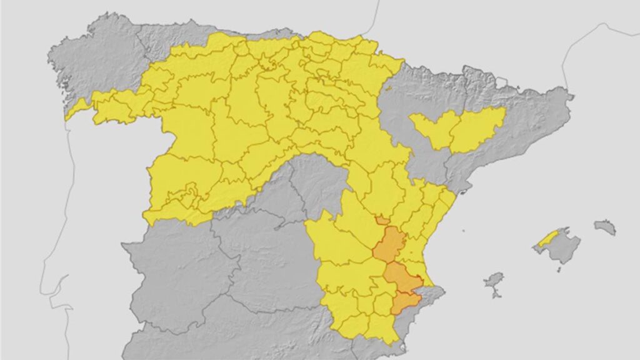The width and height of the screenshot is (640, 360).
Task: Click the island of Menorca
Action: (605, 227)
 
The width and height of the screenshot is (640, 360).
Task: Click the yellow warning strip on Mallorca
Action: (548, 237)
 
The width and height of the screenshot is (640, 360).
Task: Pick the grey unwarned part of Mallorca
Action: (562, 247)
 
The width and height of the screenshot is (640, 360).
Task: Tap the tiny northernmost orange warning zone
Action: (382, 220)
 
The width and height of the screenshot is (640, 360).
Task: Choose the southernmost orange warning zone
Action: (406, 302)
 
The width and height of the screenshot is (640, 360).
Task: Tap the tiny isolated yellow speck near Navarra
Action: (388, 88)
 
